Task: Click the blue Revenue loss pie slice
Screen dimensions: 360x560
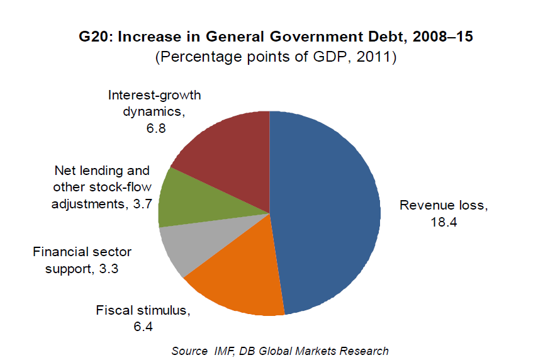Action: click(x=327, y=208)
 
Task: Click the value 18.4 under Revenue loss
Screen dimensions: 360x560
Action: click(x=444, y=222)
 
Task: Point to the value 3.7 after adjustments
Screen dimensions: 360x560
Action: click(x=142, y=204)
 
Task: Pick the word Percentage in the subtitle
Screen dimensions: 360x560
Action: click(x=196, y=57)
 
